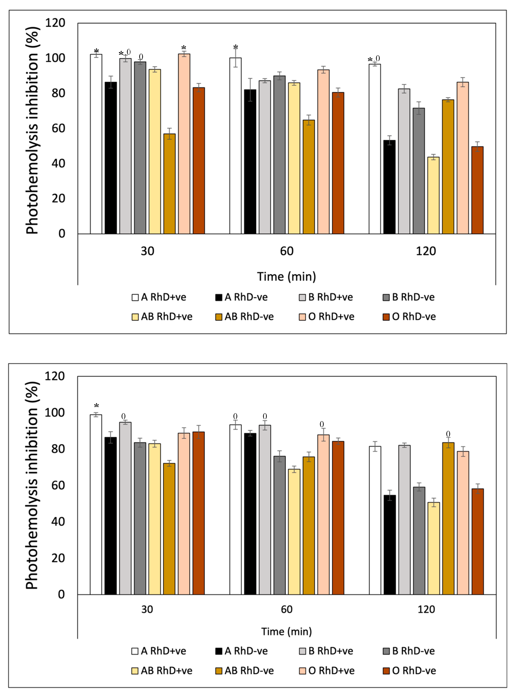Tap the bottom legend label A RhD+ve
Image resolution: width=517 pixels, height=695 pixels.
163,651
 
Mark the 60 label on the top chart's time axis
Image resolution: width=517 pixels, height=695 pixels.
287,251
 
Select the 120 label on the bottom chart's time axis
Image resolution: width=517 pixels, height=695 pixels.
426,609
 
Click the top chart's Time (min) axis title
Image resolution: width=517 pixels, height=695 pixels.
287,277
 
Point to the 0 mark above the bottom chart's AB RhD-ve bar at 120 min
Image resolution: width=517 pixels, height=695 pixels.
448,434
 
